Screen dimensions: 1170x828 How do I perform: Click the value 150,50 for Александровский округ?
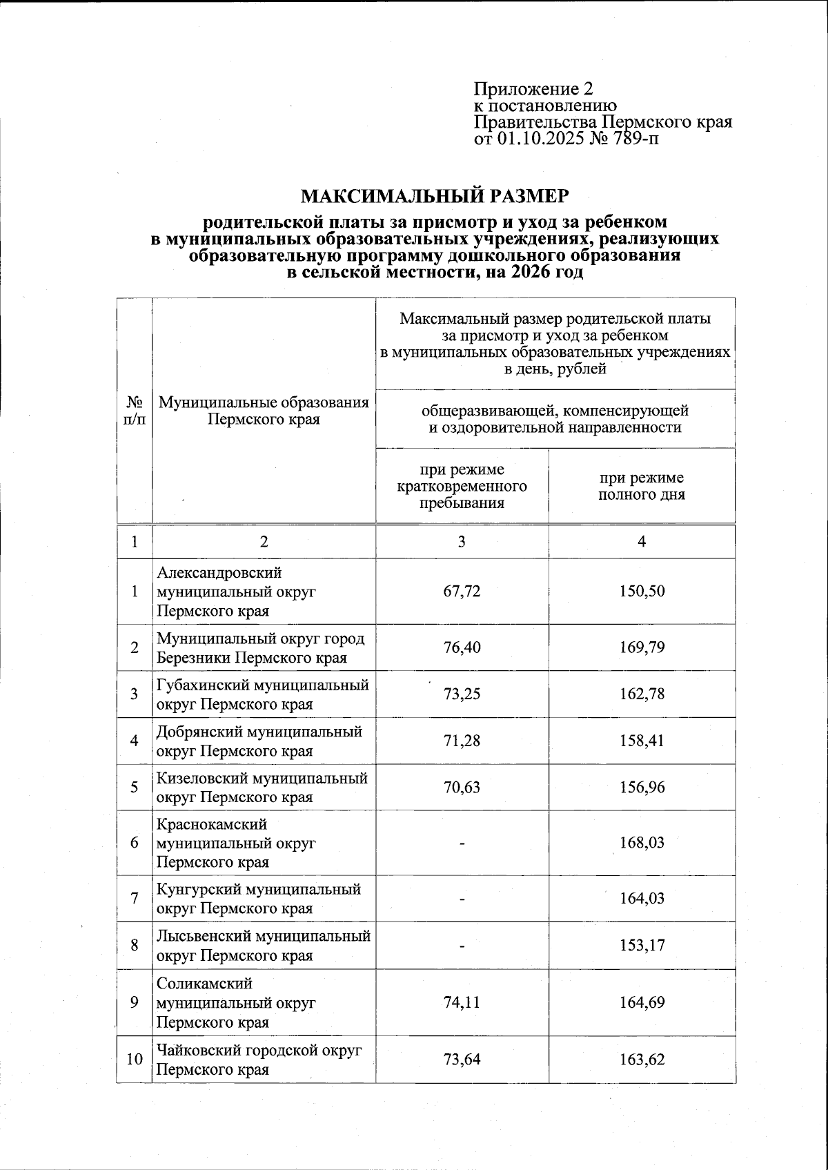coord(642,592)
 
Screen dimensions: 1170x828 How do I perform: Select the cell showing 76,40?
coord(462,647)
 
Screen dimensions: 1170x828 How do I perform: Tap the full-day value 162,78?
coord(642,694)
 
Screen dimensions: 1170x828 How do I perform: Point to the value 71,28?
coord(462,741)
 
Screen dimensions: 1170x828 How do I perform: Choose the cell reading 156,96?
coord(642,787)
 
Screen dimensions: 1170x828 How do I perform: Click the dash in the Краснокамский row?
coord(462,843)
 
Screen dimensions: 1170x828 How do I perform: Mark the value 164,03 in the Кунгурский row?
coord(642,898)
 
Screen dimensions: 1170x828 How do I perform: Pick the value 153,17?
coord(642,945)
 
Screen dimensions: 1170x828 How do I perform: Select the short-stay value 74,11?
coord(462,1002)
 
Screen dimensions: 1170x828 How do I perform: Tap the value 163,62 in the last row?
coord(642,1060)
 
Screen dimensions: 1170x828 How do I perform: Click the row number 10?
coord(135,1060)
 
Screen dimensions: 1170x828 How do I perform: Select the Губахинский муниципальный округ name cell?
coord(262,694)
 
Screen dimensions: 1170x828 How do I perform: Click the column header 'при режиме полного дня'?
coord(642,486)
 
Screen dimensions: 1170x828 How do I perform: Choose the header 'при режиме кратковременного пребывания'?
coord(462,486)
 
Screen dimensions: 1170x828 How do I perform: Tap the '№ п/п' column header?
coord(135,411)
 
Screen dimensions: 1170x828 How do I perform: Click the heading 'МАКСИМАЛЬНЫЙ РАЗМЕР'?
coord(435,197)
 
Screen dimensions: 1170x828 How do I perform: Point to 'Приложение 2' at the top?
coord(533,89)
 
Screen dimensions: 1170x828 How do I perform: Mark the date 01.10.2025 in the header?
coord(535,139)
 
